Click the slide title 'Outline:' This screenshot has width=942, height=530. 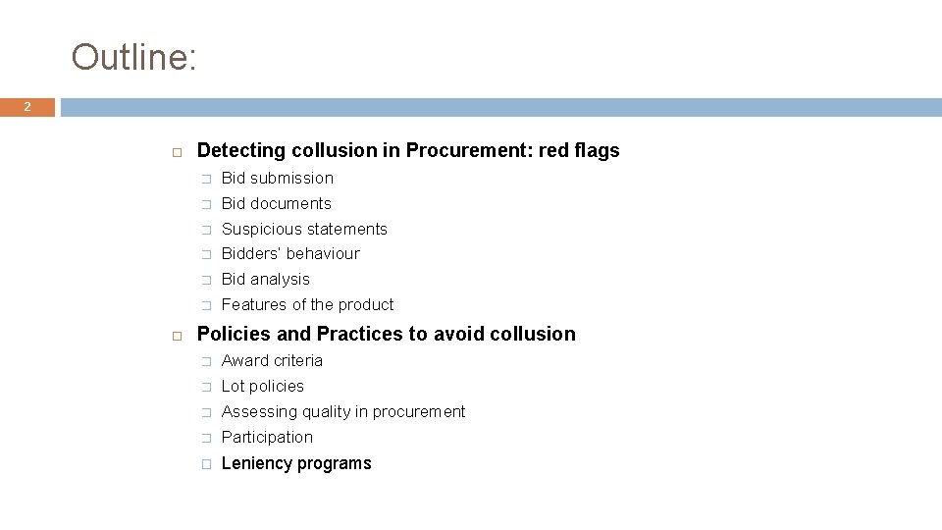coord(134,57)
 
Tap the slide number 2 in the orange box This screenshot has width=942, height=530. coord(27,107)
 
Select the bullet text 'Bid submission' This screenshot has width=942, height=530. coord(278,178)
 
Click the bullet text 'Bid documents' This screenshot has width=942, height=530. coord(277,203)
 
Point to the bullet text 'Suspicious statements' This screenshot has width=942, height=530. coord(304,229)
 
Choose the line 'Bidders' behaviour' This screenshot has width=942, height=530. coord(290,253)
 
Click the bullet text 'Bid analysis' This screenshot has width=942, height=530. coord(265,279)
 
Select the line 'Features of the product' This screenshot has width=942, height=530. coord(307,304)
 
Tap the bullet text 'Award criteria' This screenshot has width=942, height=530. coord(272,360)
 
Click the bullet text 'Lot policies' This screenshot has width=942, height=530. coord(263,386)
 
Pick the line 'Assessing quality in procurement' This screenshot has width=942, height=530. coord(343,411)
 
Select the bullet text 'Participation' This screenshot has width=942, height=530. coord(267,437)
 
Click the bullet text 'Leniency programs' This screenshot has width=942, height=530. coord(296,463)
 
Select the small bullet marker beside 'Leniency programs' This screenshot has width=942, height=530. coord(206,464)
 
